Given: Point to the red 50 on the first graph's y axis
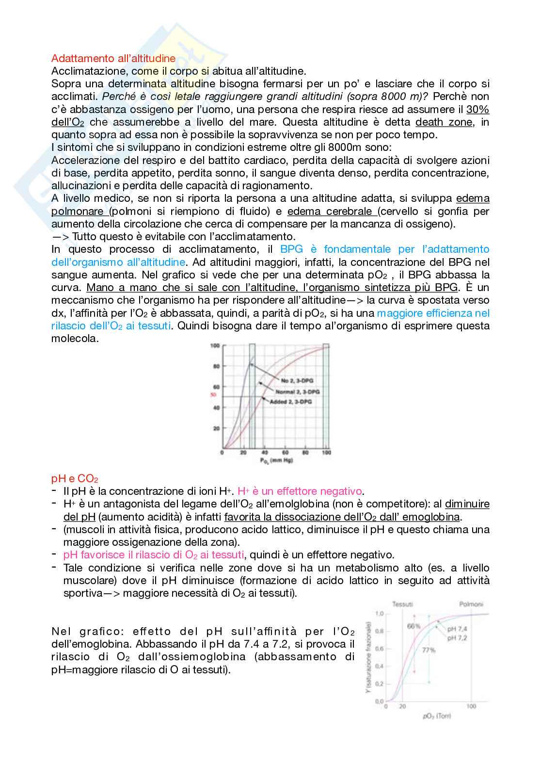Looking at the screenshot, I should [212, 395].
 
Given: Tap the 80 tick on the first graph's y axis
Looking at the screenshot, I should [216, 366].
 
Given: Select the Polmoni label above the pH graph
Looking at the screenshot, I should [472, 604].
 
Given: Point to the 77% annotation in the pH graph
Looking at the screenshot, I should [429, 650].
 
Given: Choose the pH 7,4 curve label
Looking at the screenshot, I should [457, 630].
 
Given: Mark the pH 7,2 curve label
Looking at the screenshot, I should [457, 638].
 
